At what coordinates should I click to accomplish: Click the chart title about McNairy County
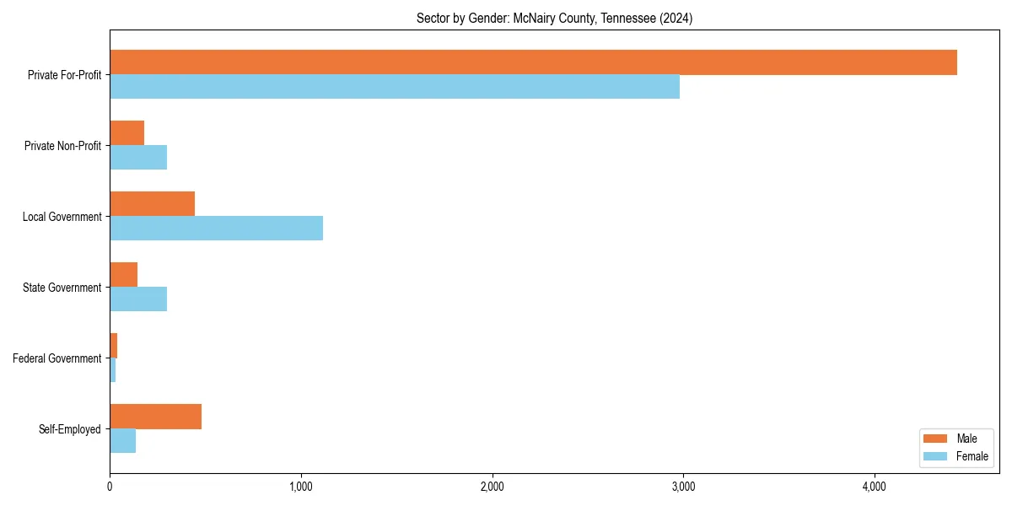554,19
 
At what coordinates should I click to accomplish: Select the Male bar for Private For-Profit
533,62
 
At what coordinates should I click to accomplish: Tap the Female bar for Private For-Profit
395,87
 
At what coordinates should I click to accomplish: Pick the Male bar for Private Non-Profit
127,133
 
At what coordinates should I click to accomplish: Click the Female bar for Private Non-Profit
138,158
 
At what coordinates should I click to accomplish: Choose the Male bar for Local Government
153,204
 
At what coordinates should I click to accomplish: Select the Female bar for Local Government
217,229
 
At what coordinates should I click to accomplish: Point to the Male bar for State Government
124,275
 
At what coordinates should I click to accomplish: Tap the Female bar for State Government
138,299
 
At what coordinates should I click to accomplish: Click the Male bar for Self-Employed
156,417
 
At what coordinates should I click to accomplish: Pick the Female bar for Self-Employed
123,441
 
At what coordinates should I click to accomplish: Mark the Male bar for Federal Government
114,346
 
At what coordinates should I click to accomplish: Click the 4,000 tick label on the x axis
874,487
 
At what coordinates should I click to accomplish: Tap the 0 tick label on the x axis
110,487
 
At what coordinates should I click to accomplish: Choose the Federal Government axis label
57,358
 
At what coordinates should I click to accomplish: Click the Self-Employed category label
70,429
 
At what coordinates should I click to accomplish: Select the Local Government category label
62,217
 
